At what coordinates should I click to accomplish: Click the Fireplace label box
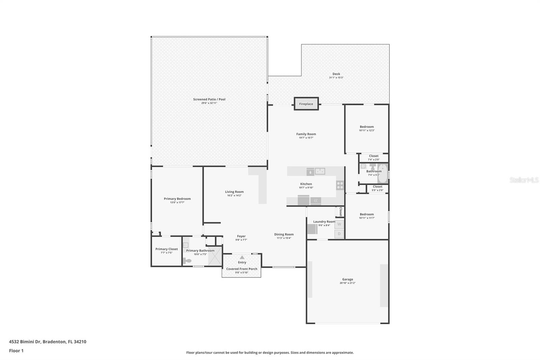306,104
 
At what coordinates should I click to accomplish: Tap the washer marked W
339,224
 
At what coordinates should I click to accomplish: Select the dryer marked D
339,234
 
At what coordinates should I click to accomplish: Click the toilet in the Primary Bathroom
187,261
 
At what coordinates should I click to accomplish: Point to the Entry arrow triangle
242,257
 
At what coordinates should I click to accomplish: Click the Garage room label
347,279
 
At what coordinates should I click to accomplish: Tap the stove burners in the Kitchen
340,185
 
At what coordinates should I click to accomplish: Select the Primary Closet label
166,249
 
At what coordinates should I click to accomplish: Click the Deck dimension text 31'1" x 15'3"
336,78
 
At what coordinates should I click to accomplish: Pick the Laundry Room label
324,222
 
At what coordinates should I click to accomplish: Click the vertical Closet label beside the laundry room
341,212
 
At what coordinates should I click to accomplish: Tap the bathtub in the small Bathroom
383,173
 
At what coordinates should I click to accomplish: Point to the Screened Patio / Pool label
209,99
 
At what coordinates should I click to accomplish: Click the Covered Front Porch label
242,269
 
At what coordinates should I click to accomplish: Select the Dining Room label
284,234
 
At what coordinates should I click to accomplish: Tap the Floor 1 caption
16,351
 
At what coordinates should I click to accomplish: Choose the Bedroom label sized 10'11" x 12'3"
367,127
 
